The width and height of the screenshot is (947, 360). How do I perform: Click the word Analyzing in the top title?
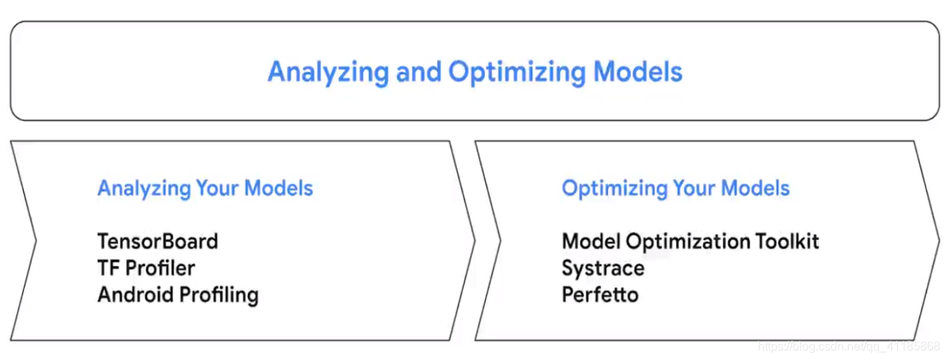click(328, 72)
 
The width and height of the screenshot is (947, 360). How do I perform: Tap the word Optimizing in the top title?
click(517, 72)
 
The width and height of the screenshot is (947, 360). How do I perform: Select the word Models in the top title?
click(638, 71)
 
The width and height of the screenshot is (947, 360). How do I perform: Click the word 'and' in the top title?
click(418, 71)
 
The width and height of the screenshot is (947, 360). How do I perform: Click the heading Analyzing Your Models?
click(205, 189)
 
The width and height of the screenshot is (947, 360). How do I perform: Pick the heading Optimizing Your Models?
click(676, 189)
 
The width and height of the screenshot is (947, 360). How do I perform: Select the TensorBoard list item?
click(158, 241)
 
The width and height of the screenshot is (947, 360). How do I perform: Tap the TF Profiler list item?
click(146, 268)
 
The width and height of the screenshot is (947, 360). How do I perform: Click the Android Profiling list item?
click(178, 295)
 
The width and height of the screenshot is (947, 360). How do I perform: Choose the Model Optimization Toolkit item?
click(690, 242)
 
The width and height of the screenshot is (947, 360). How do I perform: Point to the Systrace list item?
click(603, 269)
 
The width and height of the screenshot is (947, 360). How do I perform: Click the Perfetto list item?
click(600, 295)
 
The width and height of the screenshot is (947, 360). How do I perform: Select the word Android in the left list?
click(135, 295)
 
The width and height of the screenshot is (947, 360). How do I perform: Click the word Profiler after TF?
click(161, 268)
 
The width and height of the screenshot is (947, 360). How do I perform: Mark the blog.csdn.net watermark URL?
click(849, 347)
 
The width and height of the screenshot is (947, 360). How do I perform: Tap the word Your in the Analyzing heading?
click(217, 187)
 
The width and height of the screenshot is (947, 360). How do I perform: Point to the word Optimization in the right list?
click(687, 242)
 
